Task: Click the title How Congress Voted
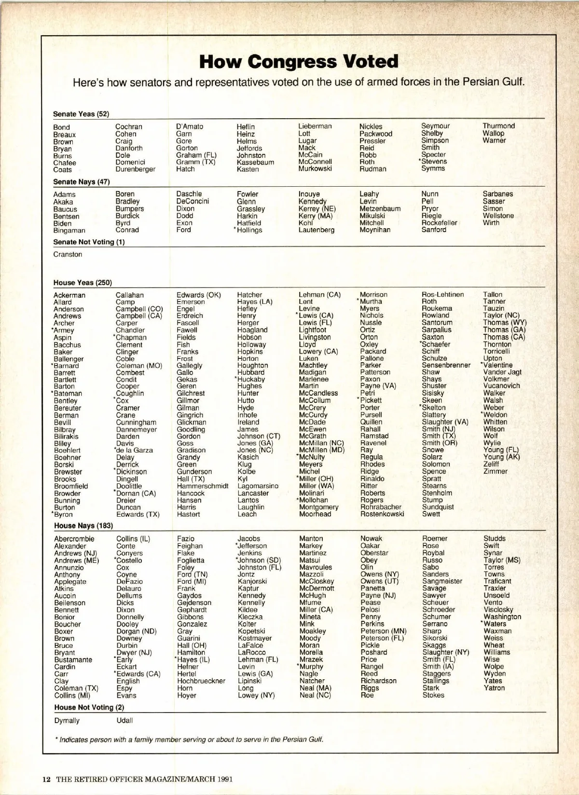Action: pos(299,62)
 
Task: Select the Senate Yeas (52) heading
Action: pos(81,114)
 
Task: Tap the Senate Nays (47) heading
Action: pos(81,182)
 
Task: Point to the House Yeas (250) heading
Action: pos(83,283)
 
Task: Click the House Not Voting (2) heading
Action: pos(89,707)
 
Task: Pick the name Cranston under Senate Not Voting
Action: pos(68,254)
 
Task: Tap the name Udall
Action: pos(124,720)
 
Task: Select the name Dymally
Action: pos(67,720)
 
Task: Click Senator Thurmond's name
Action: pos(498,126)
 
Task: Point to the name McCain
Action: pos(310,155)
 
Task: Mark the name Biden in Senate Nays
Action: pos(62,223)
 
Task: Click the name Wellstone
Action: pos(498,216)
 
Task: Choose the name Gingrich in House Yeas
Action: pos(190,415)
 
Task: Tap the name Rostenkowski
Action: pos(382,514)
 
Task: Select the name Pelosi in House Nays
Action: pos(370,610)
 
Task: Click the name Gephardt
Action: pos(192,610)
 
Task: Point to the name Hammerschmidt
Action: pos(202,486)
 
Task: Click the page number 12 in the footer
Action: pos(46,779)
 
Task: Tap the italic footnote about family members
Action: pos(189,740)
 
